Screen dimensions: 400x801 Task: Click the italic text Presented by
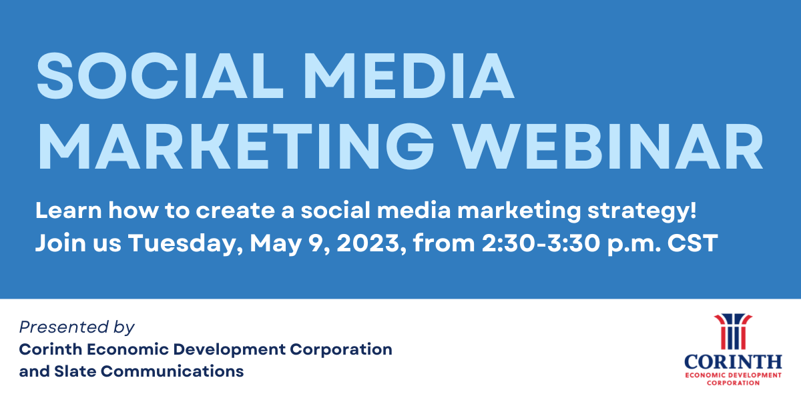click(77, 327)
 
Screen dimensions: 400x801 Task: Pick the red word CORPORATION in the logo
click(733, 383)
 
